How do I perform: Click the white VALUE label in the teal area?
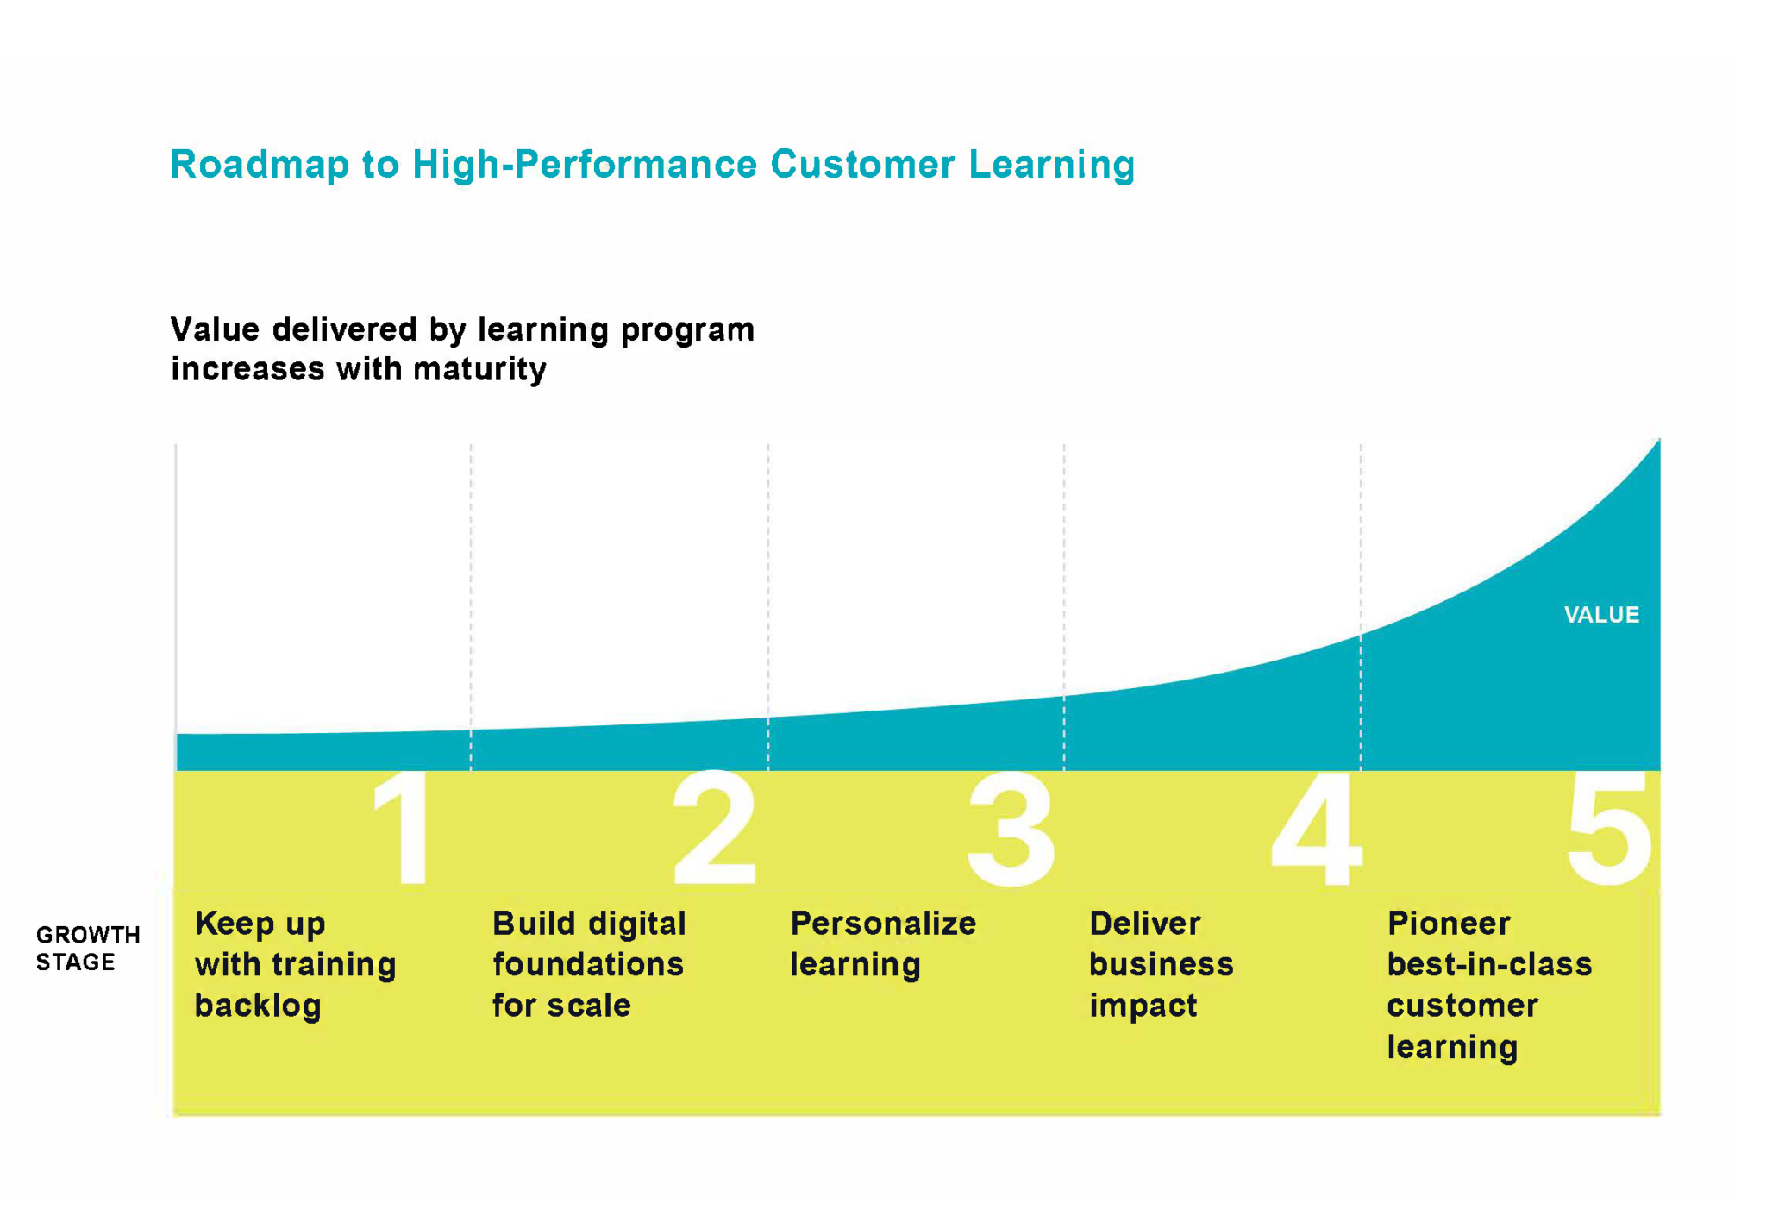point(1601,615)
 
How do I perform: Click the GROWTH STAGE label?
point(87,948)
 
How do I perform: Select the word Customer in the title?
point(862,165)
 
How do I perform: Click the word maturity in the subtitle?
point(479,369)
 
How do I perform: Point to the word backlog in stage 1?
point(258,1006)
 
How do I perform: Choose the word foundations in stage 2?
point(588,964)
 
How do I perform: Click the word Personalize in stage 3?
point(883,924)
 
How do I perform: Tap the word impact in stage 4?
point(1143,1006)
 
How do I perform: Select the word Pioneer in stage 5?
point(1449,924)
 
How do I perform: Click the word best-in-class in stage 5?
point(1489,964)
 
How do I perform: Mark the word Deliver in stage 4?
point(1144,924)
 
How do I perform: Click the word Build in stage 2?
point(534,924)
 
